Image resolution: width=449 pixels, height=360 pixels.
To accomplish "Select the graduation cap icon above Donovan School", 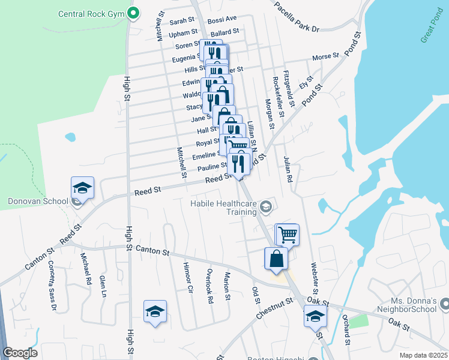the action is click(82, 188).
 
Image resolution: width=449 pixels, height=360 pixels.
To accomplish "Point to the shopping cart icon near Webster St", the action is click(288, 235).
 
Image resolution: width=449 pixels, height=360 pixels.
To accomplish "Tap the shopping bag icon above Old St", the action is click(276, 259).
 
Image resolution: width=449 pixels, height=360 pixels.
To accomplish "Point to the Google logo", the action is click(20, 353).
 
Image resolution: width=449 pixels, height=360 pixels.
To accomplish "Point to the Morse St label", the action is click(325, 57).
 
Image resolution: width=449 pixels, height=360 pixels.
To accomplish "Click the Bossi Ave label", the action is click(222, 20).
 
